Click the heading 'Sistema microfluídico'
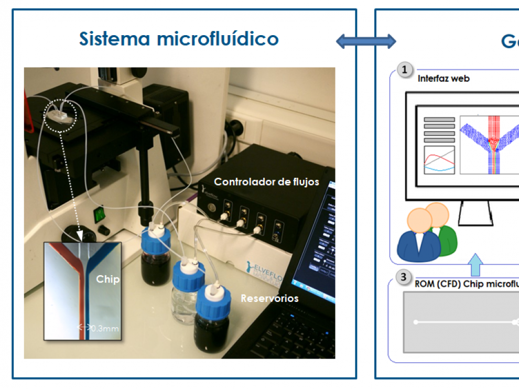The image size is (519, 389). tap(179, 39)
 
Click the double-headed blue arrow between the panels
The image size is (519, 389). tap(366, 41)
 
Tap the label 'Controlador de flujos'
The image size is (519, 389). tap(266, 182)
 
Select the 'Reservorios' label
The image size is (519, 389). tap(269, 298)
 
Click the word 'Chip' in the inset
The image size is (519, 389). tap(107, 279)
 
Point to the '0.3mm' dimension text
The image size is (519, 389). tap(104, 328)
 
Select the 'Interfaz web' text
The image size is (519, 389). tap(444, 79)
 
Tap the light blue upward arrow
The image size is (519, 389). tap(475, 265)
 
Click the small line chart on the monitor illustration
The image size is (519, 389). tap(439, 160)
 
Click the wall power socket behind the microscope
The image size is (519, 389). tap(235, 127)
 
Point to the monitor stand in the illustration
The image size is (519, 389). tap(475, 212)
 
